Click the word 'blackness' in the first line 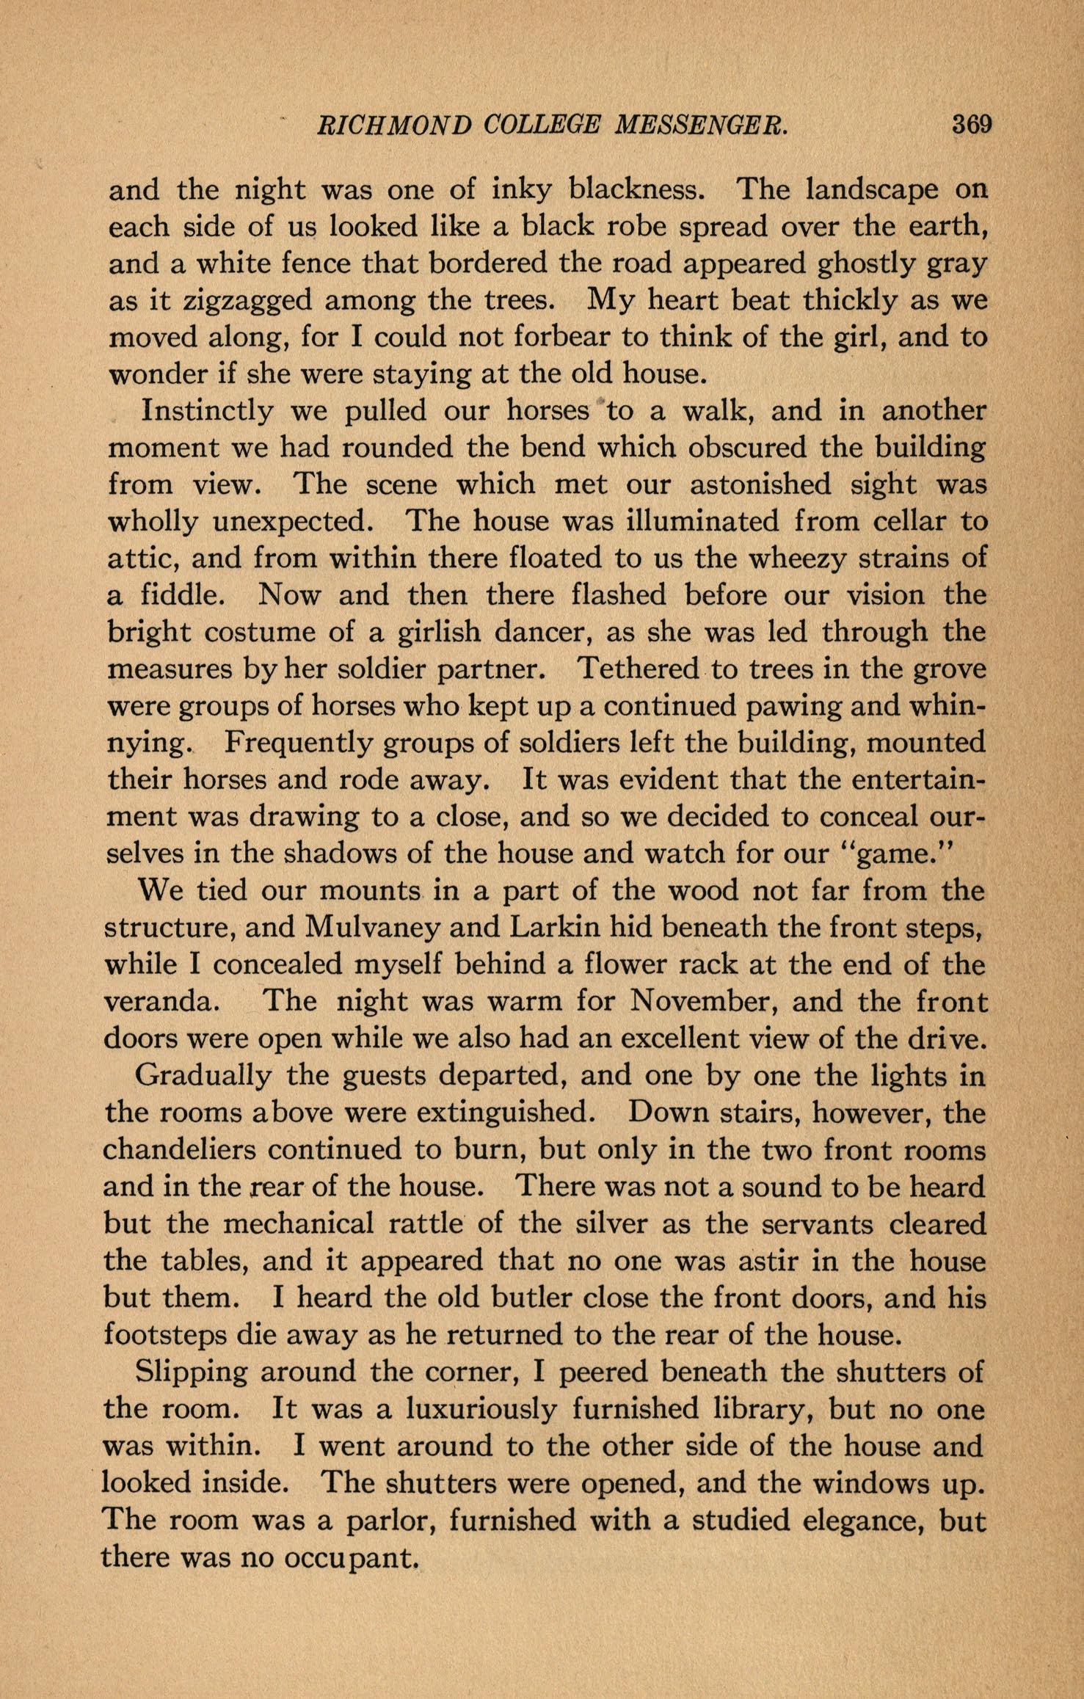[638, 190]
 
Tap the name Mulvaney [370, 928]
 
